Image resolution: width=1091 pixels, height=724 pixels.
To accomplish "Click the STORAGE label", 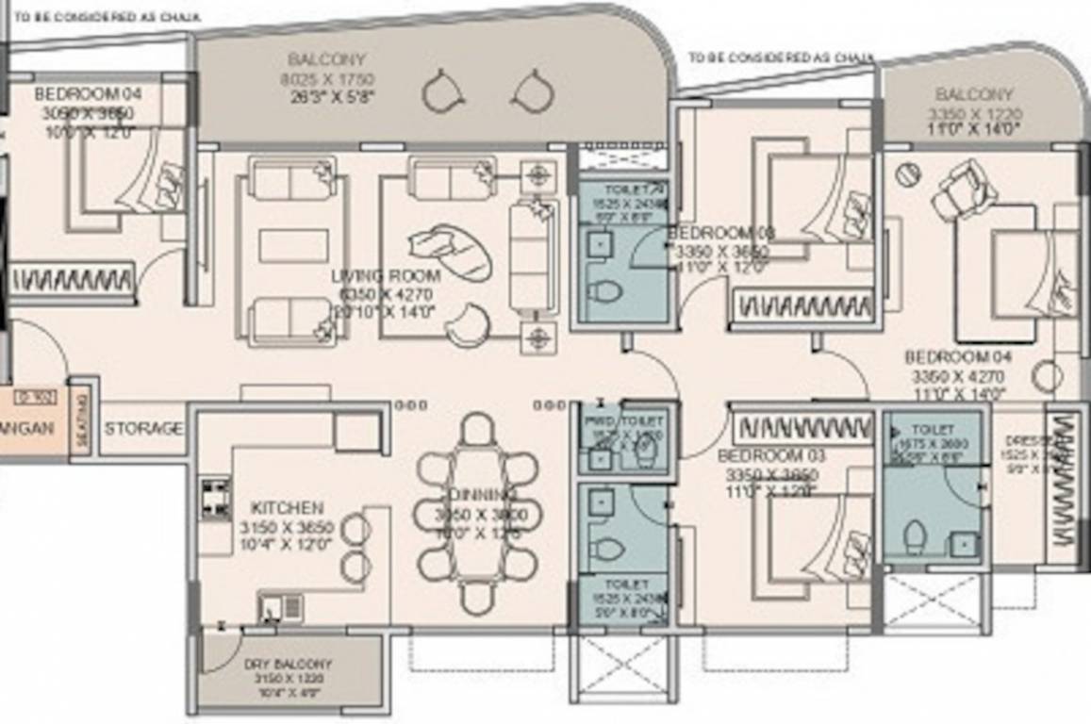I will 143,429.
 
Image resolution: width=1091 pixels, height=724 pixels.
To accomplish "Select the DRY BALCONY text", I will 288,664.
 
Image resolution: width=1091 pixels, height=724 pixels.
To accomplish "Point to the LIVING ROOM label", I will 386,276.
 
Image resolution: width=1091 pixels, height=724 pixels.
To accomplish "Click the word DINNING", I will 482,495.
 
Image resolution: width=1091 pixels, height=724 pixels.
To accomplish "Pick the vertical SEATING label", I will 81,418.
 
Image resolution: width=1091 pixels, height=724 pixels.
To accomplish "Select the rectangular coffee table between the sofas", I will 293,246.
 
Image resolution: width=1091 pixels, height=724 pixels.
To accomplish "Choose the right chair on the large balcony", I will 531,90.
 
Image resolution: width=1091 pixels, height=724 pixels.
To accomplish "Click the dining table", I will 478,514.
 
